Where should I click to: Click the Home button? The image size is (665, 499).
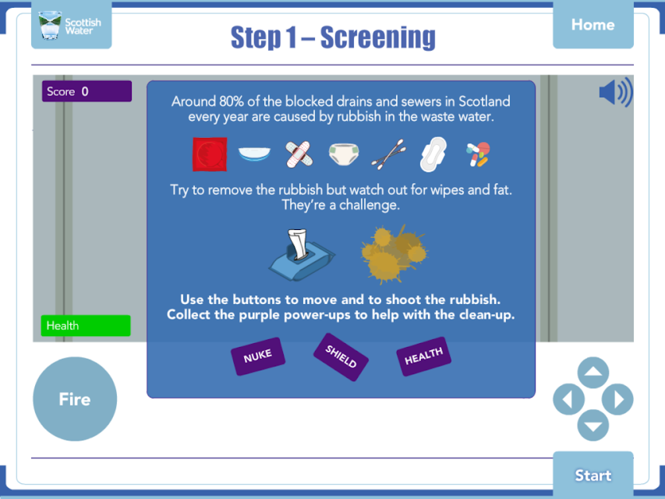(x=593, y=25)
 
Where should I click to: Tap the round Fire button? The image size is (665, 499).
(x=75, y=399)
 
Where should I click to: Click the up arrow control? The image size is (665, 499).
(x=593, y=373)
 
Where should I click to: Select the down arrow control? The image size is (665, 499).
(x=593, y=425)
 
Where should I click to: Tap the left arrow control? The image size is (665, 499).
(x=569, y=399)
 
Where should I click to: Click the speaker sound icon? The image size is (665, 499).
(x=616, y=92)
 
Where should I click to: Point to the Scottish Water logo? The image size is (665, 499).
(x=71, y=25)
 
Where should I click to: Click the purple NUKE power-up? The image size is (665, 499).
(x=258, y=356)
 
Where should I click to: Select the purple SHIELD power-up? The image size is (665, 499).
(x=341, y=357)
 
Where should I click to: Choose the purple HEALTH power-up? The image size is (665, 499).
(x=423, y=356)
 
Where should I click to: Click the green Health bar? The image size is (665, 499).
(x=86, y=325)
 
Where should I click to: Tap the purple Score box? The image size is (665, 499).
(x=87, y=91)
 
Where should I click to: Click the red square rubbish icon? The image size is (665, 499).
(x=210, y=154)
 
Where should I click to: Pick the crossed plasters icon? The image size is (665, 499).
(x=299, y=154)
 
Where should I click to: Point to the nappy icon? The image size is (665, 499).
(x=344, y=154)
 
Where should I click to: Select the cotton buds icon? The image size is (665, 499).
(x=389, y=154)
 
